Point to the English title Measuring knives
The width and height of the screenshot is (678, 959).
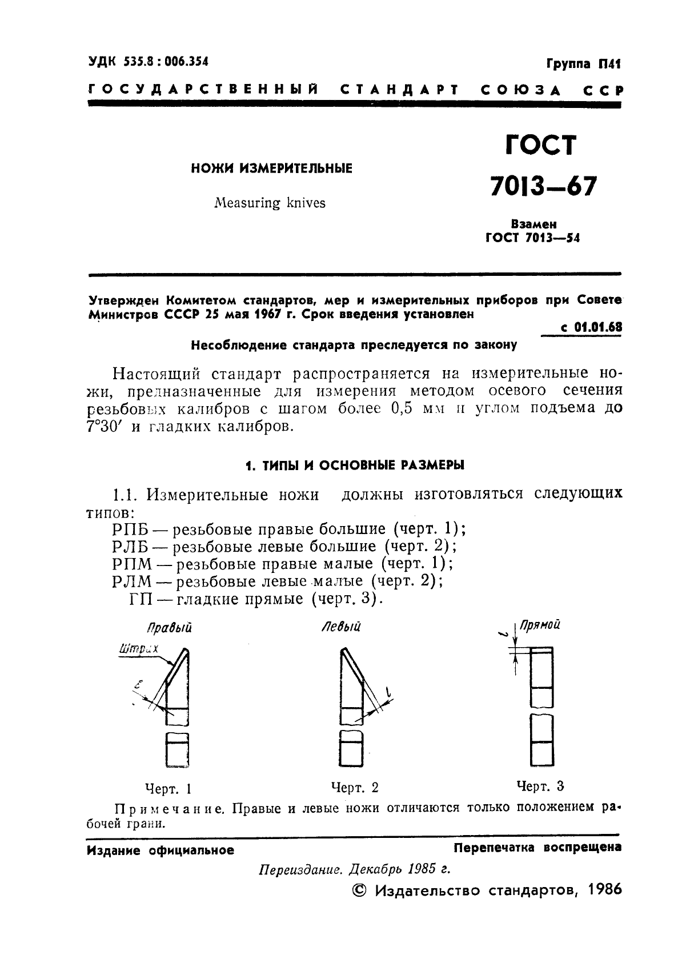270,203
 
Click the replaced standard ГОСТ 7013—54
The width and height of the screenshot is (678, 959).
532,239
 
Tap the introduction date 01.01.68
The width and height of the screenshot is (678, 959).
597,327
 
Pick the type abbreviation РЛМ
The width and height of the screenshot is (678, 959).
132,581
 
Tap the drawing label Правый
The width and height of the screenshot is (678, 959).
169,628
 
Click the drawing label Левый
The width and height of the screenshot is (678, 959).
341,627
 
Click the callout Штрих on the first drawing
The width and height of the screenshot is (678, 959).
138,648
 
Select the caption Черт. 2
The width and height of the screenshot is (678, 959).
355,788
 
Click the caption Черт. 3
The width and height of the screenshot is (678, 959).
540,787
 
